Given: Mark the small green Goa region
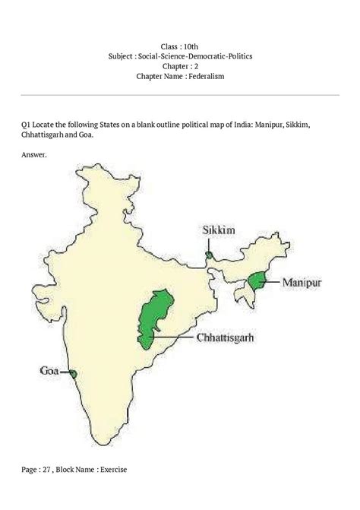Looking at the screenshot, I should [x=73, y=373].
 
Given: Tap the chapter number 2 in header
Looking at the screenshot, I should [x=200, y=66].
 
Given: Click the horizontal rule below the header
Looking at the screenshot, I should [x=179, y=94].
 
